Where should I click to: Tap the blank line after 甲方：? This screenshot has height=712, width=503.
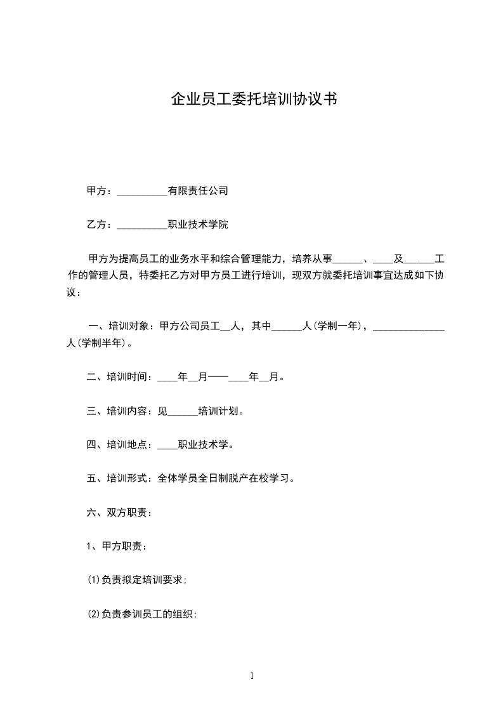click(142, 191)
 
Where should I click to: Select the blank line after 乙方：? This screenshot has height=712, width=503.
click(142, 225)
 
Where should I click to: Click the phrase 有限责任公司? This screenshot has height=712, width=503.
click(197, 190)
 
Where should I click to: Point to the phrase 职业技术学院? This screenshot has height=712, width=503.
click(197, 225)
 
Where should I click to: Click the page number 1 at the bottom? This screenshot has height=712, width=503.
click(252, 676)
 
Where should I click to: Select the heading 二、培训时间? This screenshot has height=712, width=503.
click(118, 378)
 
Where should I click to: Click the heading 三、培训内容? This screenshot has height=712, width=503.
click(118, 411)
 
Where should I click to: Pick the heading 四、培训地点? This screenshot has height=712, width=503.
click(118, 445)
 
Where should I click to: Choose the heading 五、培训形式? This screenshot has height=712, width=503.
click(118, 478)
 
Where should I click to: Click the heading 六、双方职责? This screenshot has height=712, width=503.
click(118, 513)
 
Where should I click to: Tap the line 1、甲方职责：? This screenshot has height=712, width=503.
click(118, 546)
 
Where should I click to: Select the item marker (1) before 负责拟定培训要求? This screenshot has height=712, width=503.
click(93, 580)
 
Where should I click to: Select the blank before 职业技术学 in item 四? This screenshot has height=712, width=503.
click(167, 445)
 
